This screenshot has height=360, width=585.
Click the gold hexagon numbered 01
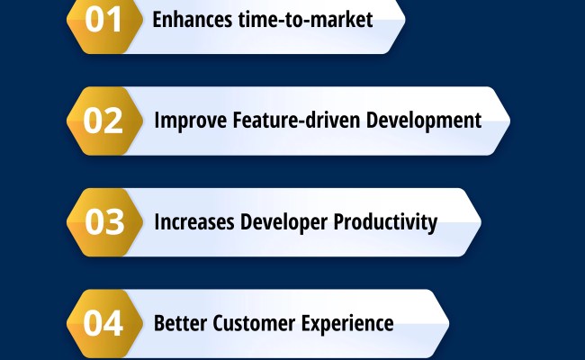click(x=103, y=21)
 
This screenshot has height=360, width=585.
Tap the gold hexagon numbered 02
click(x=103, y=121)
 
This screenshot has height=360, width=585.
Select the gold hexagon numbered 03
click(x=103, y=222)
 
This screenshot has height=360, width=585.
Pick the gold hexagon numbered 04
click(x=103, y=323)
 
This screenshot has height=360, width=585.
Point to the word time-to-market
click(x=304, y=20)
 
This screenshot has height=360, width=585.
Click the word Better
click(x=179, y=323)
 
